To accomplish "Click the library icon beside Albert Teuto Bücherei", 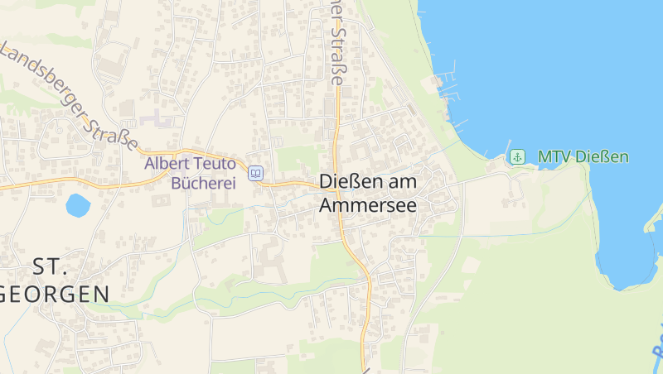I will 256,173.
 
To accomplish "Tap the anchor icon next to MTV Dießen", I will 517,156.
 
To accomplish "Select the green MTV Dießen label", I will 583,156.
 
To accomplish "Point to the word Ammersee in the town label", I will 368,204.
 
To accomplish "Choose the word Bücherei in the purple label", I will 203,183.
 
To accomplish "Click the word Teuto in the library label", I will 215,163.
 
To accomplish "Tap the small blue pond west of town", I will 77,204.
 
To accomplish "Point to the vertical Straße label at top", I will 338,46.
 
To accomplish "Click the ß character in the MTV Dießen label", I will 603,156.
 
